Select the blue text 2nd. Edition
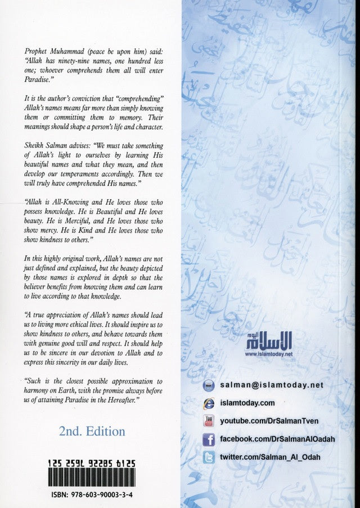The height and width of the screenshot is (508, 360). pos(92,431)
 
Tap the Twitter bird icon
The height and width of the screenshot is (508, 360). pos(208,457)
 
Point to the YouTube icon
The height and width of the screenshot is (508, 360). pos(208,420)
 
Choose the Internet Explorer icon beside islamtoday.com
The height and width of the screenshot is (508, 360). pos(208,403)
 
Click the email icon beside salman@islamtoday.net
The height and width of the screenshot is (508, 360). pos(208,385)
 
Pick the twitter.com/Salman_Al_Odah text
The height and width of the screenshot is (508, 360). pos(271,457)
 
